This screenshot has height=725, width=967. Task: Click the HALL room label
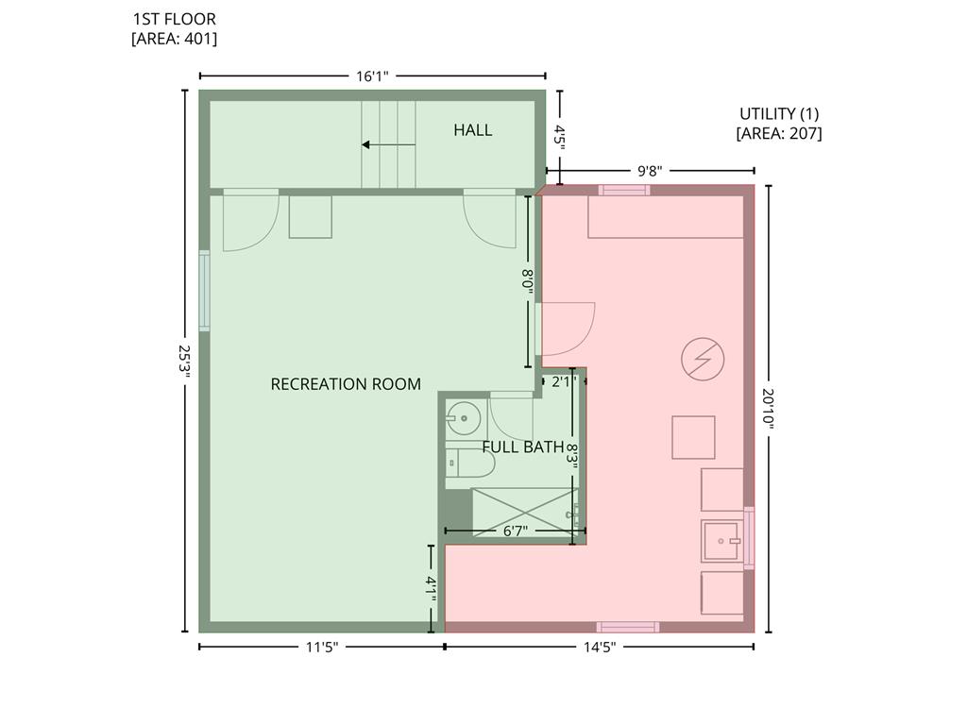click(x=472, y=130)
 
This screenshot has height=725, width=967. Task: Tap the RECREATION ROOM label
click(x=346, y=384)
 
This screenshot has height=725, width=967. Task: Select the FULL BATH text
click(x=522, y=447)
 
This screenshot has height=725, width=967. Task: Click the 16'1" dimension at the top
click(x=372, y=76)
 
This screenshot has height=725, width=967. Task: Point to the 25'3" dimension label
click(x=184, y=361)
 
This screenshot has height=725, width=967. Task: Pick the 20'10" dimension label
click(x=769, y=408)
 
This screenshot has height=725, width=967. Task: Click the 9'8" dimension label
click(x=650, y=171)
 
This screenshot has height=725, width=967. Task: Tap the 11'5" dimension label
click(x=322, y=647)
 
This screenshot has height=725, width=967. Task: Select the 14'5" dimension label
click(x=600, y=647)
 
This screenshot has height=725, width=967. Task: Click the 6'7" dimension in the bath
click(x=515, y=531)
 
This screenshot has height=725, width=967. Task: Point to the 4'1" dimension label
click(x=431, y=589)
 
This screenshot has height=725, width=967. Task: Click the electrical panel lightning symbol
click(x=703, y=359)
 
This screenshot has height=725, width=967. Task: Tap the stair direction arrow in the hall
click(x=388, y=144)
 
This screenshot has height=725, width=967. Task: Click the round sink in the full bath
click(x=463, y=418)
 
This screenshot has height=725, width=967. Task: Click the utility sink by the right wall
click(x=722, y=541)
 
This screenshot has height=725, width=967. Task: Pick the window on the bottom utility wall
click(x=628, y=627)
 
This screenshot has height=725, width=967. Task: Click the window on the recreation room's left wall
click(x=204, y=291)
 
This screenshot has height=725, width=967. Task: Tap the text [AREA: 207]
click(x=779, y=133)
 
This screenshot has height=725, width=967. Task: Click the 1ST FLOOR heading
click(x=175, y=19)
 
